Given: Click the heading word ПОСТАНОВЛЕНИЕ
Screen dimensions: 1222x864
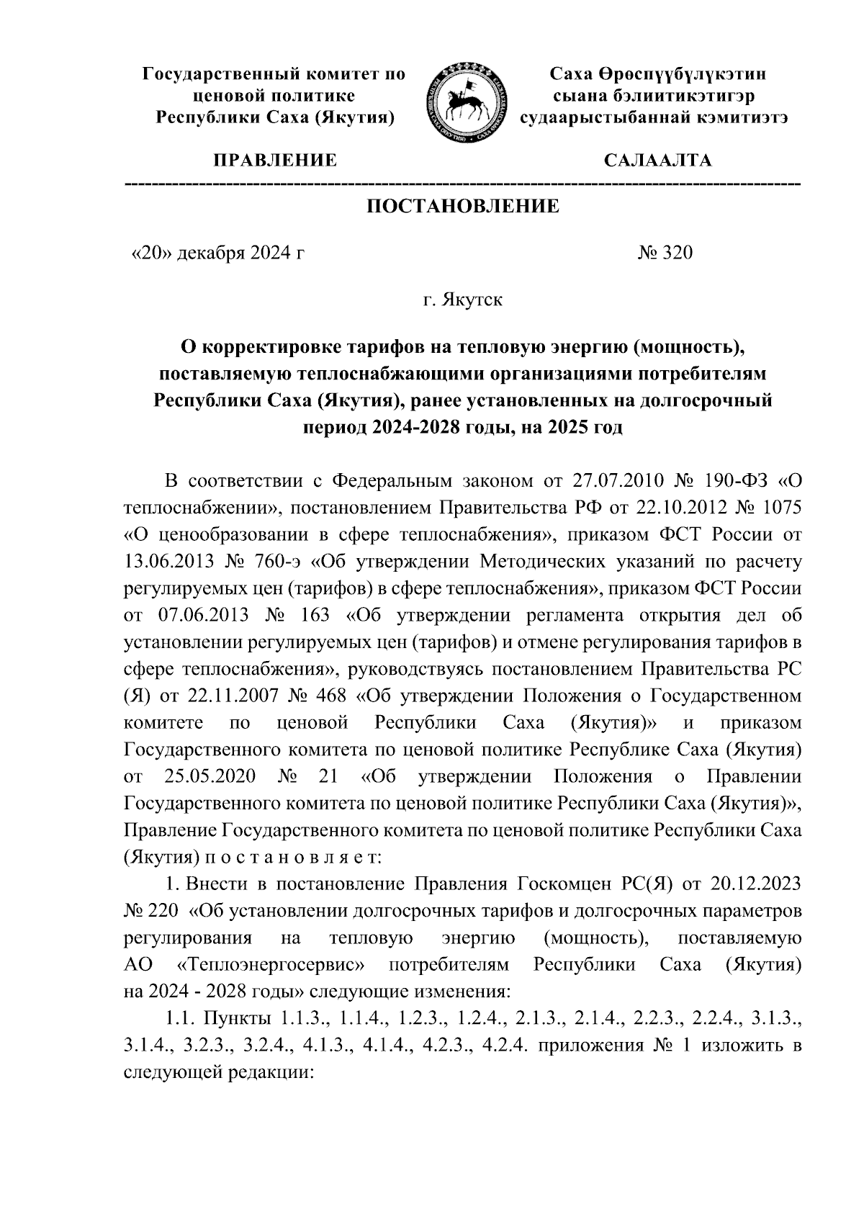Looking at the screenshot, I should [x=463, y=207].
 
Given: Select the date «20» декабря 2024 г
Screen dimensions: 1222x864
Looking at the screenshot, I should [x=213, y=253].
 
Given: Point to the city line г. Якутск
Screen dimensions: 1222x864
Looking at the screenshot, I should [x=463, y=299].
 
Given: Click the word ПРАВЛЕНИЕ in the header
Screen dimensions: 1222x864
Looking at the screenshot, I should [x=274, y=160].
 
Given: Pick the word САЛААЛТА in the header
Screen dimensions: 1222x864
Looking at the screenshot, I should [x=657, y=160].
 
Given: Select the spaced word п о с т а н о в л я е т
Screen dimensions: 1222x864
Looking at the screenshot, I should [x=297, y=857].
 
